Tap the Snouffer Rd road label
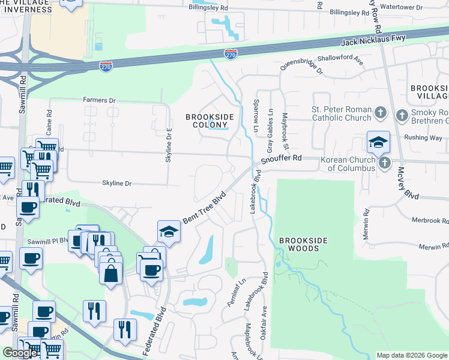[x=280, y=158]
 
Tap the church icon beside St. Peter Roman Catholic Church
[x=379, y=113]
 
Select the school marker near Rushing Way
[x=379, y=143]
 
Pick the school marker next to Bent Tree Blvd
[x=169, y=232]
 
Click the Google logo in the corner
[x=20, y=353]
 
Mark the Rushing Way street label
[x=423, y=138]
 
